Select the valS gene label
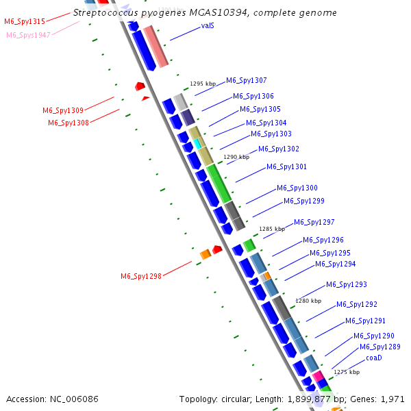coord(208,25)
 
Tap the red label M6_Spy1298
coord(141,276)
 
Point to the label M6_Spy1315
coord(25,22)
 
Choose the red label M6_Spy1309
coord(63,110)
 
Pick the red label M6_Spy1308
coord(68,123)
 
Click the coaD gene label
coord(373,358)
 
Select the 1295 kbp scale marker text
coord(203,84)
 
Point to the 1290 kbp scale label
coord(236,157)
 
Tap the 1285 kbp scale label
coord(271,229)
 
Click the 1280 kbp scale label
coord(308,301)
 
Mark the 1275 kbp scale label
coord(347,373)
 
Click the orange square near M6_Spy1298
coord(205,255)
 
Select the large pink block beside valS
coord(155,46)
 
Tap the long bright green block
coord(219,184)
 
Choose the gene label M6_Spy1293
coord(347,284)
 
